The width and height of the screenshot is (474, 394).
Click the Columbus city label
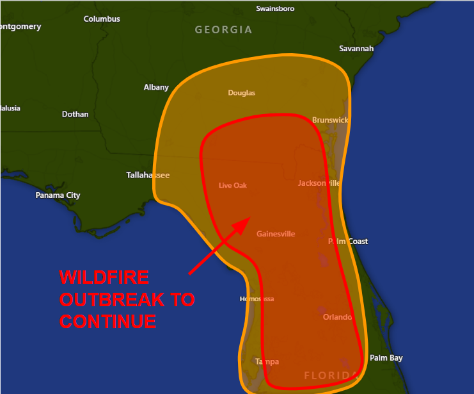(102, 19)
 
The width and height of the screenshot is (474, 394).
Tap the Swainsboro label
(274, 9)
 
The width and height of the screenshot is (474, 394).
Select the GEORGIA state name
(223, 30)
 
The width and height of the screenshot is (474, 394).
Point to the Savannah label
(356, 49)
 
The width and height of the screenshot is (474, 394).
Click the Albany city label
(156, 88)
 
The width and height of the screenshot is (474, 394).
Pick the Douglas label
(241, 93)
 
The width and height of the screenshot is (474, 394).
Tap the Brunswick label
(330, 120)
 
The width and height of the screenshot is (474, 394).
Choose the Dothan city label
(75, 115)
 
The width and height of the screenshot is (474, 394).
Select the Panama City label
(58, 195)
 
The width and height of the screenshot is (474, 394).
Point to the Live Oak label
(233, 186)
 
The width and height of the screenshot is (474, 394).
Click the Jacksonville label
(319, 183)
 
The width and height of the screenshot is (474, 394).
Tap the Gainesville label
(276, 234)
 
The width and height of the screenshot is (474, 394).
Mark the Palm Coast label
(348, 242)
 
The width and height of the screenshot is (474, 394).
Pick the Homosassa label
(257, 299)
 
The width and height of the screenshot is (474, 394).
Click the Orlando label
(337, 317)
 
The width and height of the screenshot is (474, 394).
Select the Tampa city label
(267, 362)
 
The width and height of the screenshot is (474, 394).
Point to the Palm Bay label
(386, 358)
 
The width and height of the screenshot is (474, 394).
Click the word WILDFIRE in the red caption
(104, 278)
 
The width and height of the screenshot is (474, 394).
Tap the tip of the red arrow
(249, 218)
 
